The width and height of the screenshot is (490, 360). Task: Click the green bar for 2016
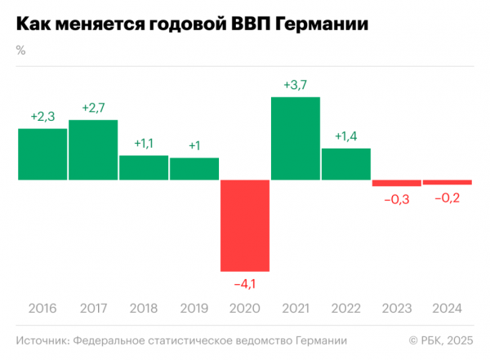tap(42, 153)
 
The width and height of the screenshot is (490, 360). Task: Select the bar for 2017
tap(93, 149)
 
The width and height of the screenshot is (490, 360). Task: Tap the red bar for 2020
tap(245, 225)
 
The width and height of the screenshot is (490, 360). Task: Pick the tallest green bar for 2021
tap(295, 138)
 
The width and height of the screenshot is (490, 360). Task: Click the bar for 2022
tap(345, 163)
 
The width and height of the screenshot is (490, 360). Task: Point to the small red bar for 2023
tap(396, 183)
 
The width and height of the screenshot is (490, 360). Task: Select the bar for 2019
tap(194, 168)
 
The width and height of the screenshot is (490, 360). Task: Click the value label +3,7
tap(296, 85)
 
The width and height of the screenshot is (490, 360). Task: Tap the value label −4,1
tap(245, 283)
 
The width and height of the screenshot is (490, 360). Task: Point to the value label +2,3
tap(42, 117)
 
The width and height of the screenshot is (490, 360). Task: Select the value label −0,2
tap(447, 197)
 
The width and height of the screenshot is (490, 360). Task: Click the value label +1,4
tap(346, 136)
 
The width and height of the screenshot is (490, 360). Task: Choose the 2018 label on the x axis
tap(144, 309)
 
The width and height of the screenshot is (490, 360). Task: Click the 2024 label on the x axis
tap(447, 309)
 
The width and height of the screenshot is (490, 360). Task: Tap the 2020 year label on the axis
tap(245, 309)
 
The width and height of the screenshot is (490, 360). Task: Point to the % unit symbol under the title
tap(20, 50)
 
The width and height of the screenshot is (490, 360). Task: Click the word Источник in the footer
tap(41, 340)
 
